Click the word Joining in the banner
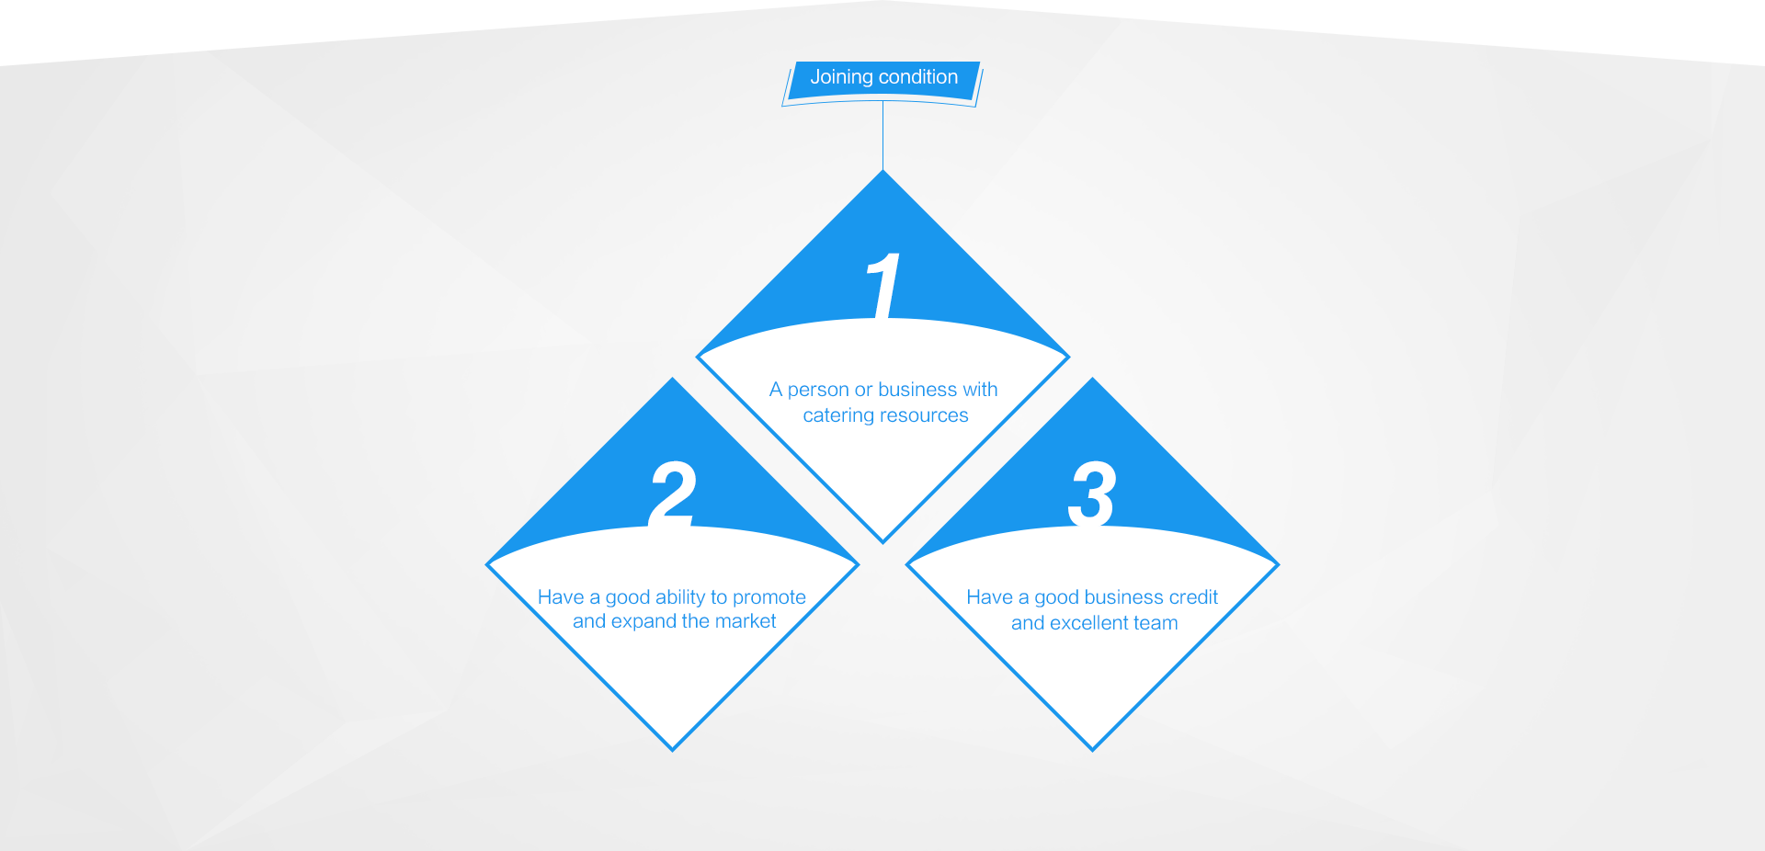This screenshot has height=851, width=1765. tap(841, 78)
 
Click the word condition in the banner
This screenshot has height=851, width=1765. tap(918, 77)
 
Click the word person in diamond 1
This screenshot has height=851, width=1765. tap(818, 391)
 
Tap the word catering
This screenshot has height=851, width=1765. tap(838, 416)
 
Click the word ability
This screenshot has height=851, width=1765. tap(680, 598)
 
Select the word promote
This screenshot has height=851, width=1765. tap(769, 598)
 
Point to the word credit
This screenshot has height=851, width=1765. tap(1193, 597)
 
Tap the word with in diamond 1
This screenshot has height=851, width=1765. tap(980, 390)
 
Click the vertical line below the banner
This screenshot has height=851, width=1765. tap(883, 136)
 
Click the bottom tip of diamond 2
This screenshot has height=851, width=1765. tap(673, 750)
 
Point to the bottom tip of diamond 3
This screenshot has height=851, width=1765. tap(1092, 750)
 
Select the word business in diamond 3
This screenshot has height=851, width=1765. tap(1124, 597)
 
